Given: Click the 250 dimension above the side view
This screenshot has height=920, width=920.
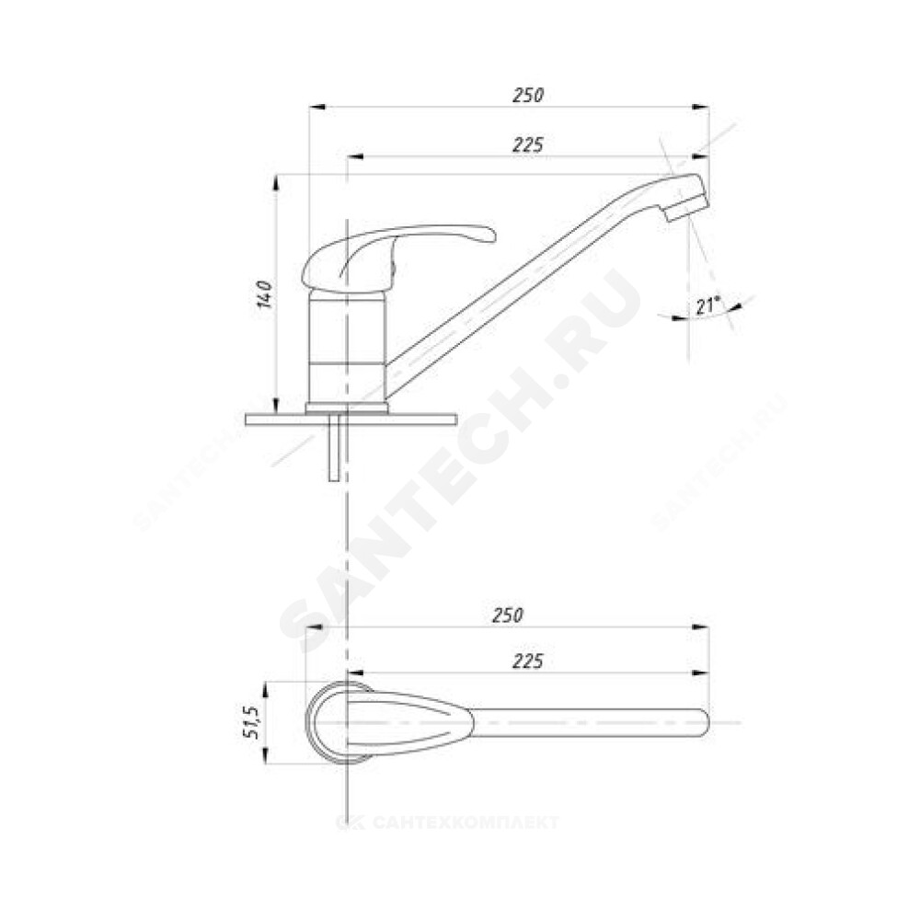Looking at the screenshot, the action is click(x=528, y=95).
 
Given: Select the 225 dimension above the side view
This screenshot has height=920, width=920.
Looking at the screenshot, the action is click(x=528, y=145).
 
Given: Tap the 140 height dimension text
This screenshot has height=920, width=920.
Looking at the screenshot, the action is click(x=265, y=294).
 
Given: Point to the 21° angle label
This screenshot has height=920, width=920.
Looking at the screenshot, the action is click(x=708, y=305).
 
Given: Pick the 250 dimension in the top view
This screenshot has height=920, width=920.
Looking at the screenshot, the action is click(x=507, y=615).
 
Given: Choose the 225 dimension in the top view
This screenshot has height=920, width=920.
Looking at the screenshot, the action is click(x=528, y=661).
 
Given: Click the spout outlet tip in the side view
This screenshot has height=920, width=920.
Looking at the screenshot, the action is click(x=687, y=208).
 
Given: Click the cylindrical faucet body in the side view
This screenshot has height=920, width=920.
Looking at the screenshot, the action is click(x=346, y=348).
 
